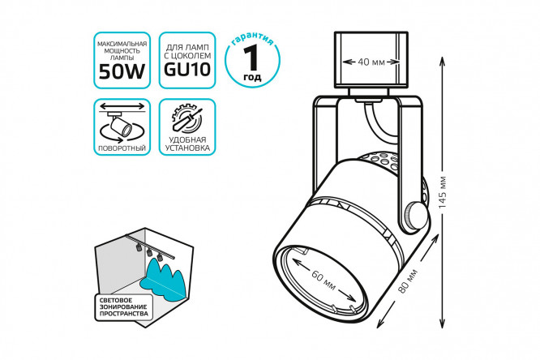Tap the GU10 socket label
point(188,71)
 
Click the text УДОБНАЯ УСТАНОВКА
point(188,145)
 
